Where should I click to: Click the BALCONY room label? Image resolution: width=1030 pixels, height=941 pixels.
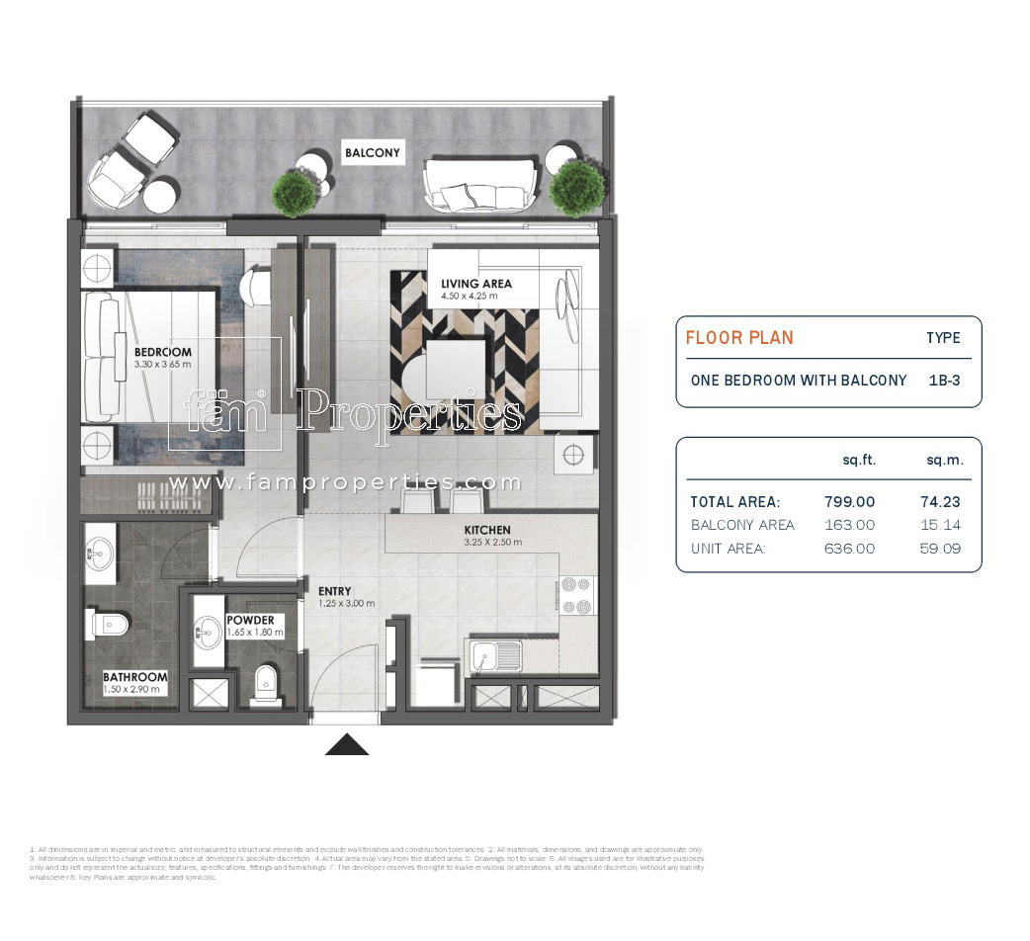point(373,153)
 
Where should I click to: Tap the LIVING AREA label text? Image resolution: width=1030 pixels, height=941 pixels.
point(476,285)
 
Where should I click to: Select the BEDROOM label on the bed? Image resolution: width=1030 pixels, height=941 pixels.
point(163,353)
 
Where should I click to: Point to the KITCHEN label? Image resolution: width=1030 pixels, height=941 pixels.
point(486,531)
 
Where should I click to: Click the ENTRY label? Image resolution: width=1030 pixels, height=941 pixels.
point(334,591)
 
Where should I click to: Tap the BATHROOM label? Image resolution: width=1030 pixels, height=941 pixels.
point(135,678)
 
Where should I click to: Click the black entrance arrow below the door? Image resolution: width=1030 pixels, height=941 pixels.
point(347,744)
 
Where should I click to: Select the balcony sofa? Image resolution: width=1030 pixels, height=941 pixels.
point(481,182)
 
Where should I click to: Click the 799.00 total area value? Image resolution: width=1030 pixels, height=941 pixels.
point(849,502)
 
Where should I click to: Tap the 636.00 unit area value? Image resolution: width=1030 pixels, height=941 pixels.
point(849,549)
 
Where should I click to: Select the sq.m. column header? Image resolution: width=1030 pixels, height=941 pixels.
point(943,460)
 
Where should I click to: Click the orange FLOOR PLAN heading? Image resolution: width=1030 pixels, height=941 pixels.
point(739,338)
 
